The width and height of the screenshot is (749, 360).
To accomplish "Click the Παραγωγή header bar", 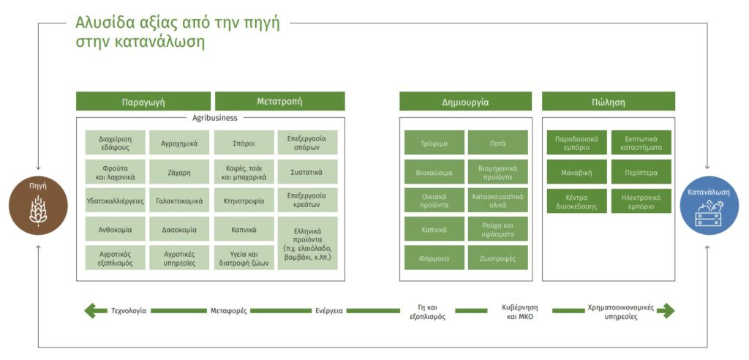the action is (143, 102).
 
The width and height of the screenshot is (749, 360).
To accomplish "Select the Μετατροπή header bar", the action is (280, 102).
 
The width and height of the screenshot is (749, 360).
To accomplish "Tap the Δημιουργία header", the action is (465, 102).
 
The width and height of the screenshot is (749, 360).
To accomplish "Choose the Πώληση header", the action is (608, 102).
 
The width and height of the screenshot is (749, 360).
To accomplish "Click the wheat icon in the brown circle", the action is (38, 210).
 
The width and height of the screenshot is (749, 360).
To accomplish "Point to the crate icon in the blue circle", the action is (710, 213).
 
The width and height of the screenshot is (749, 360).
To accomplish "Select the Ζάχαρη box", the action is (180, 172).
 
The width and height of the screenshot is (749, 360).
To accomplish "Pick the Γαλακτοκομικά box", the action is (180, 200).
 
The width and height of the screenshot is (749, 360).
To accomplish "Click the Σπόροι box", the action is (244, 143).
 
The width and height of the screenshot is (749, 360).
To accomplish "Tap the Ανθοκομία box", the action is (116, 230).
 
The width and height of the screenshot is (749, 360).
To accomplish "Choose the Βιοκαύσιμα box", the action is (434, 172).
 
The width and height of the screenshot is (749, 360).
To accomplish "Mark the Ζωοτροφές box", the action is (497, 258).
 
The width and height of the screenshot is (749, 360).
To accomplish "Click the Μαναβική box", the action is (576, 172).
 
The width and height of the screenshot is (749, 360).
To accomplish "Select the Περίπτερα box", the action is (641, 172).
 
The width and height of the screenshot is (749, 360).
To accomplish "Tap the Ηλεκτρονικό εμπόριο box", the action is (641, 200).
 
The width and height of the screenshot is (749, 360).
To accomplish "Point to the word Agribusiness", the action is (214, 118).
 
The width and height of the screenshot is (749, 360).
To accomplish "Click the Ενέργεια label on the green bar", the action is (329, 311).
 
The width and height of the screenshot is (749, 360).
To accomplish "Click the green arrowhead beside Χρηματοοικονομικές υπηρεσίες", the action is (668, 311).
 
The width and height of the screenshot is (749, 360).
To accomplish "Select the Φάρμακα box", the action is (434, 258).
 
